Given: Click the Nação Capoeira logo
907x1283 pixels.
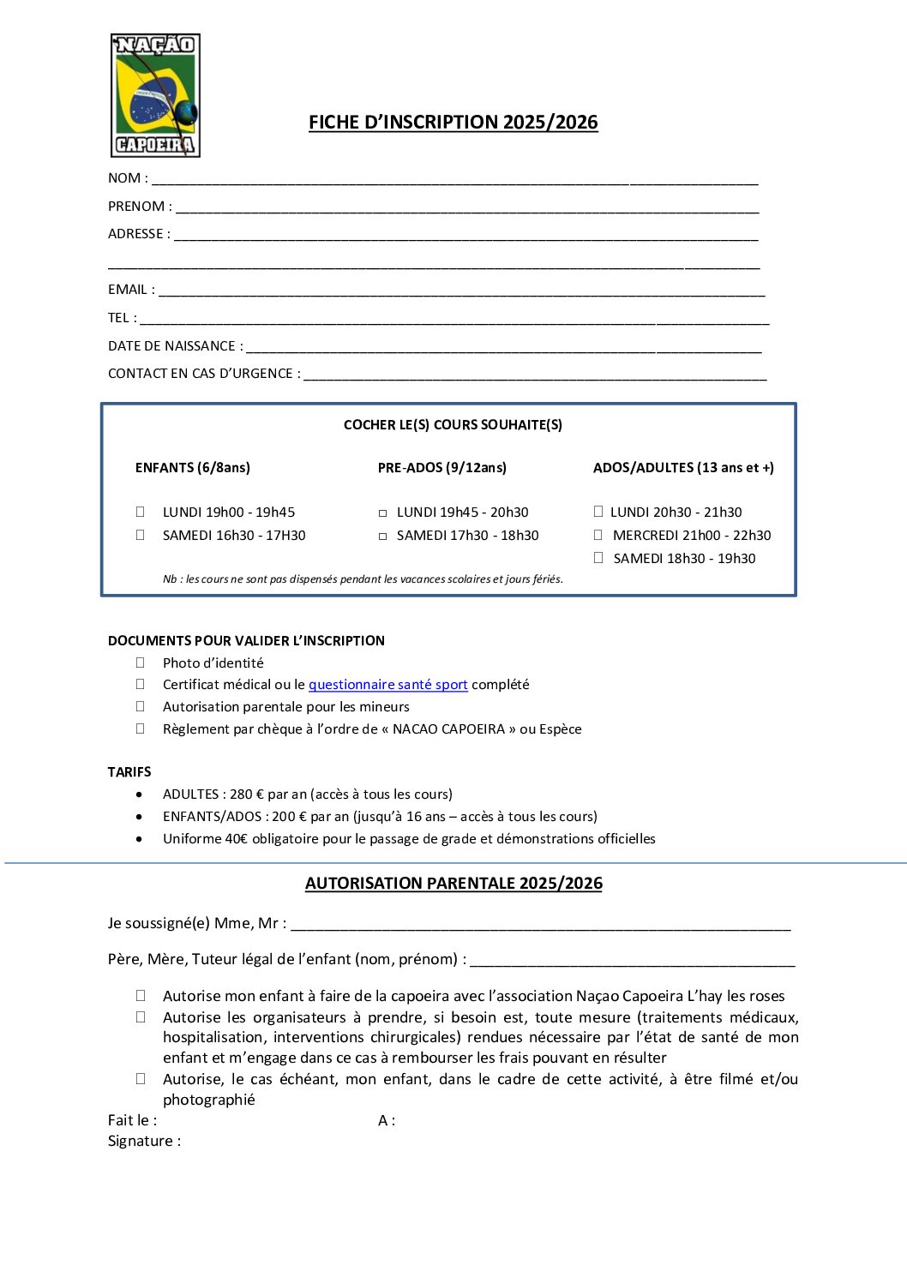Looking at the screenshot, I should tap(155, 95).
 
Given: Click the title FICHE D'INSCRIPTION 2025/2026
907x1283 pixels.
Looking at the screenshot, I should tap(453, 123).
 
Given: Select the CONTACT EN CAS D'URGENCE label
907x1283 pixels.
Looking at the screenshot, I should tap(204, 374).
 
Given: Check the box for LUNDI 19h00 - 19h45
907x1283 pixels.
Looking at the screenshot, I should tap(141, 512).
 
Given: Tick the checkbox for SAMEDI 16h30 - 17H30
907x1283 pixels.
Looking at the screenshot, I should tap(141, 535).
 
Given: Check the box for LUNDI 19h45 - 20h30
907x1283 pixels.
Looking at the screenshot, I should tap(383, 513).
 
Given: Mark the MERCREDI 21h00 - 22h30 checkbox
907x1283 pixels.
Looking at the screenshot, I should tap(598, 535).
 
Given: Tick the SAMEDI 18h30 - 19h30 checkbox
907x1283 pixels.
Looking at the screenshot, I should tap(598, 558).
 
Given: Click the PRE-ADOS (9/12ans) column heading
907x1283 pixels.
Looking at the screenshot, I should tap(441, 468).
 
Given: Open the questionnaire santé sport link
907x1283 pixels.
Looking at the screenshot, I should tap(387, 685).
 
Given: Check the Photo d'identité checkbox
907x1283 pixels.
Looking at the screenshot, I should tap(141, 662).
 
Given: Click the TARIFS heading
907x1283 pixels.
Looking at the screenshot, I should tap(129, 772).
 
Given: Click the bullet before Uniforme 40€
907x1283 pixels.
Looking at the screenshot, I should tap(140, 839).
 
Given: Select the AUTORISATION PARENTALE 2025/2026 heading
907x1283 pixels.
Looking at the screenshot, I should tap(453, 884).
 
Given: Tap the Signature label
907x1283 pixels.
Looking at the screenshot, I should tap(144, 1141).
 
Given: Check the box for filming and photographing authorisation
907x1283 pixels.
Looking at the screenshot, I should tap(141, 1079).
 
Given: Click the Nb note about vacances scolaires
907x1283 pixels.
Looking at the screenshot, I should tap(363, 579).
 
